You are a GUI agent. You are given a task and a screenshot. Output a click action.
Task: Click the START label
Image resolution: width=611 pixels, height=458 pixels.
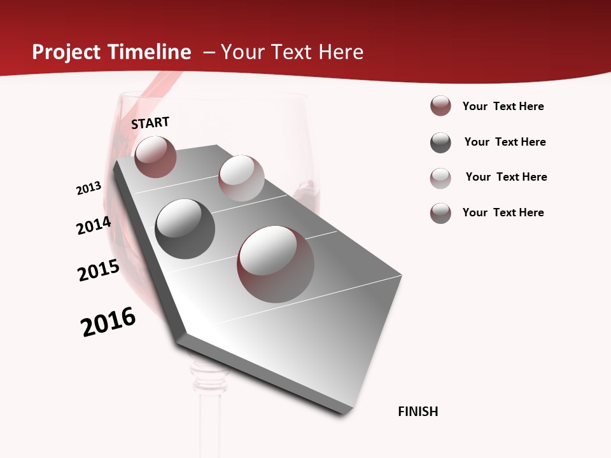click(x=151, y=123)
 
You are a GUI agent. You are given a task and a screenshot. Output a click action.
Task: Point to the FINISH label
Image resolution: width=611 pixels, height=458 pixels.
click(x=418, y=412)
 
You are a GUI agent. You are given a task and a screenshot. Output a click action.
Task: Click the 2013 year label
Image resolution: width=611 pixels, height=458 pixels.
click(x=89, y=188)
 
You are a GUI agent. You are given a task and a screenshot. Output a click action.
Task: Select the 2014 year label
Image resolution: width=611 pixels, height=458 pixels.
click(x=94, y=226)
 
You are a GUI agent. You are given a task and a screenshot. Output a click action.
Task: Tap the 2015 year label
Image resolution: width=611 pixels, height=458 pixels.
click(x=99, y=270)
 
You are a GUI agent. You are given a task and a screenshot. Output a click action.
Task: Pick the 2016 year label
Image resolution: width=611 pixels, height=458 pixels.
click(x=108, y=322)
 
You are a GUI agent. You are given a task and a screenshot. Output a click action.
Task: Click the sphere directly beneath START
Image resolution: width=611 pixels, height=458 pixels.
click(x=155, y=156)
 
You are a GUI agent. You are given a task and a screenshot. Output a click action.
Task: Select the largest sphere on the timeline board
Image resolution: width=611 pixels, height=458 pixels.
click(x=276, y=263)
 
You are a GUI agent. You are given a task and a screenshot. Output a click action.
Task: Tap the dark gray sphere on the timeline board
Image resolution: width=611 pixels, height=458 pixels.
click(x=185, y=228)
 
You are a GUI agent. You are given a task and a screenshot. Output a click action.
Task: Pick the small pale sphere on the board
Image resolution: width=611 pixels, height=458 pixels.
click(x=241, y=178)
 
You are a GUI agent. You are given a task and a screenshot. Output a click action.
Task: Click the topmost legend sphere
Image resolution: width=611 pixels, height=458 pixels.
click(x=440, y=106)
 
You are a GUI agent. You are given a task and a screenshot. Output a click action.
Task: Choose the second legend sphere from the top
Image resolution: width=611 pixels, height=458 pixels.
click(x=440, y=142)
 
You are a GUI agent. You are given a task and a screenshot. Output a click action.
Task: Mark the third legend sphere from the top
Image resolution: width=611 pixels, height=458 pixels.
click(x=440, y=178)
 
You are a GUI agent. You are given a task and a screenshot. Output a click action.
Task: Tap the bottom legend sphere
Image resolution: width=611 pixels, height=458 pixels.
click(x=440, y=213)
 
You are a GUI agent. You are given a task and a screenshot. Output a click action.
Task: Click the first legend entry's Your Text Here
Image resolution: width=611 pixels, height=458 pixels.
click(x=503, y=106)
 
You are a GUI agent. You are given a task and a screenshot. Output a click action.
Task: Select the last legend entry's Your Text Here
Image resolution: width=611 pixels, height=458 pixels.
click(x=503, y=212)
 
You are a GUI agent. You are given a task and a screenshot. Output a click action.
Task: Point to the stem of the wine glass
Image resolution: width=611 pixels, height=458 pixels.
click(x=209, y=413)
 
